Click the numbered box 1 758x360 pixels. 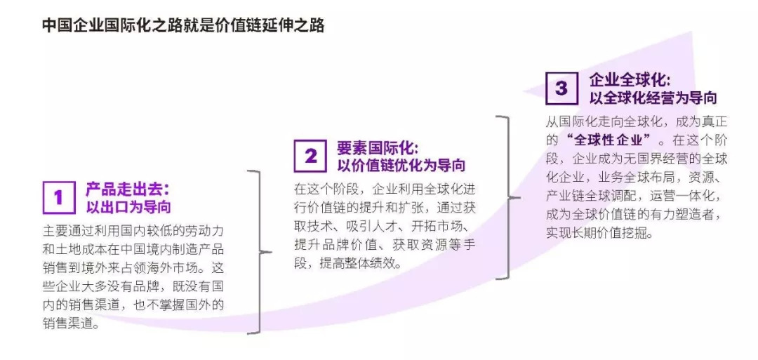[x=58, y=197]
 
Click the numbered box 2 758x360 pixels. [x=310, y=156]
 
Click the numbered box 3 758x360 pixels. [x=561, y=88]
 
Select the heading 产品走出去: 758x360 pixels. [x=128, y=189]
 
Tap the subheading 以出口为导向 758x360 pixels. [x=128, y=207]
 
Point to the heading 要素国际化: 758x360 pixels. [x=378, y=147]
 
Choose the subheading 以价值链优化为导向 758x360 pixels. [x=401, y=166]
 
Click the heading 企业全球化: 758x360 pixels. [x=630, y=79]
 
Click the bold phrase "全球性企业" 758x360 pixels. [x=608, y=138]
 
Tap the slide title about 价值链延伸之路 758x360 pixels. [x=183, y=25]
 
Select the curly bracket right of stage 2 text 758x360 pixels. [x=507, y=198]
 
